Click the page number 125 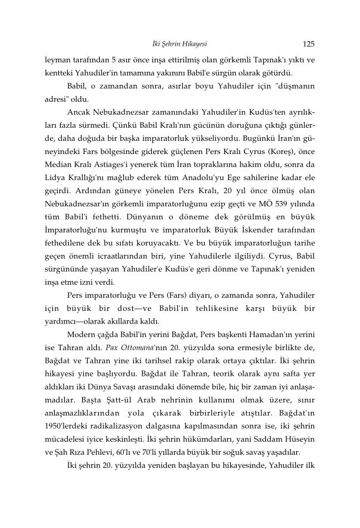308,43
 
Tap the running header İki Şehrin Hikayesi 180,43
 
